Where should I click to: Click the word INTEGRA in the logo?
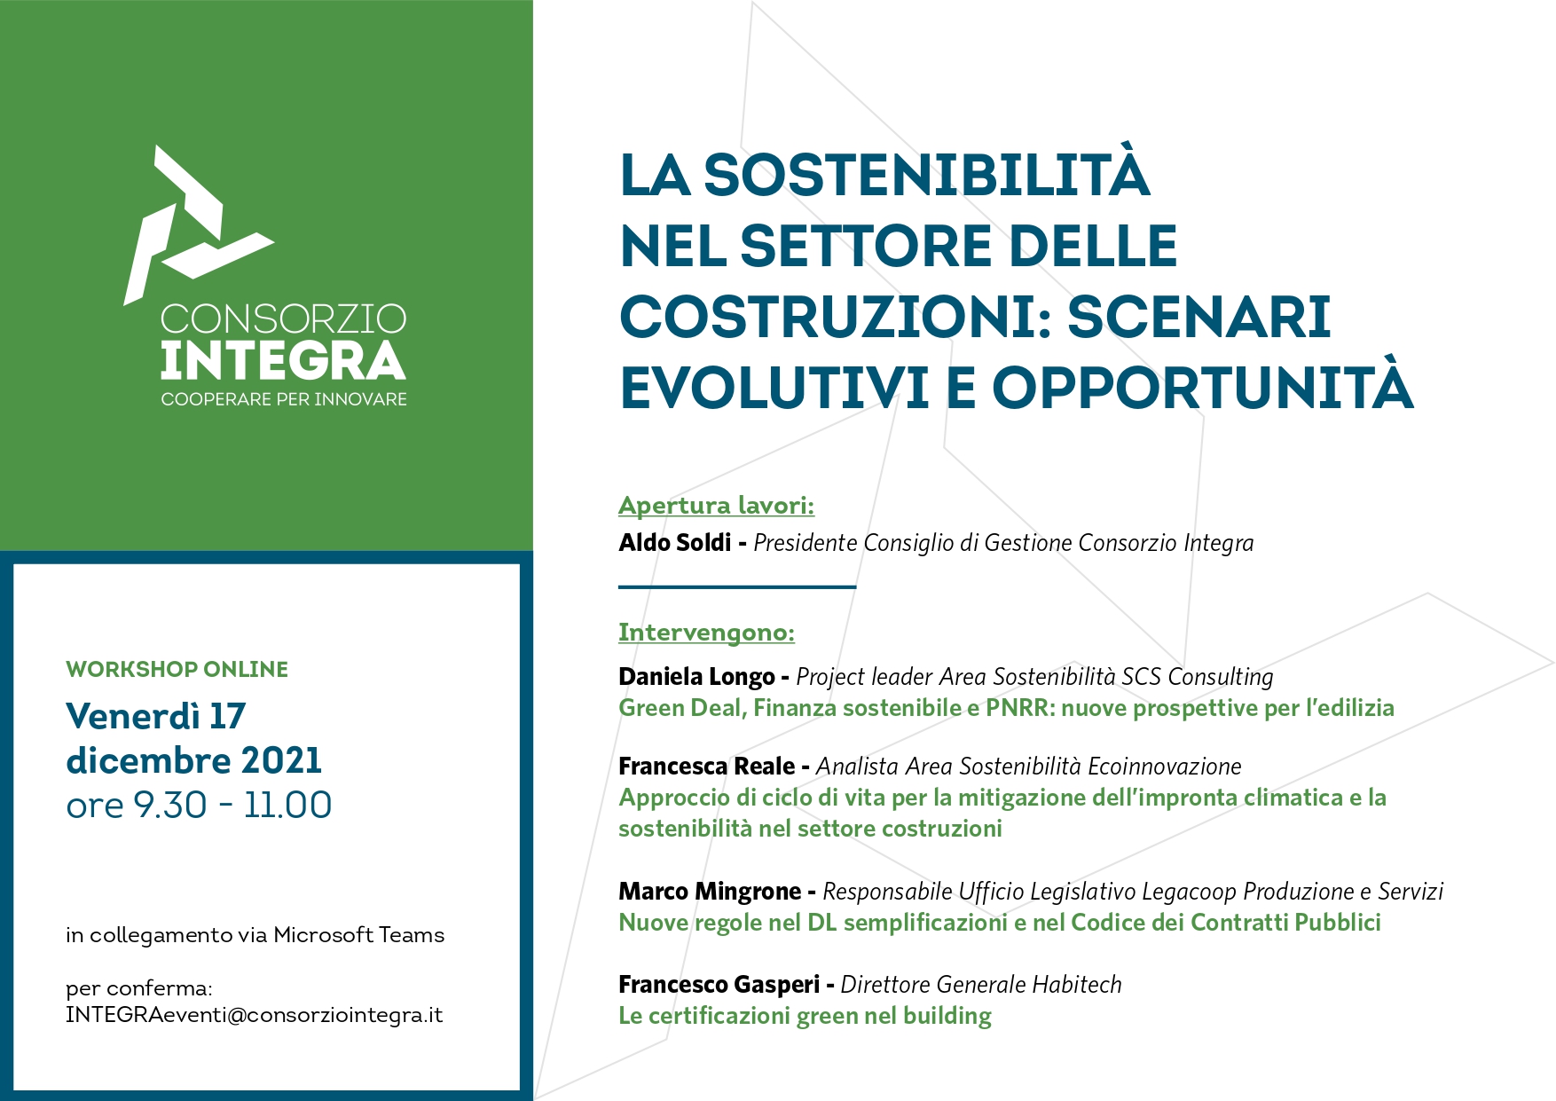283,360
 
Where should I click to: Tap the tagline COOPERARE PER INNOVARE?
284,399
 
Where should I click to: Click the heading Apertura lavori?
716,506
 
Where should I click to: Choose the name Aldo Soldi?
675,542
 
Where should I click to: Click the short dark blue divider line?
737,586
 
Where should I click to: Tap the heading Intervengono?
706,633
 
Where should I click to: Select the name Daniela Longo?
696,677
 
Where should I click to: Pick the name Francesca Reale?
707,766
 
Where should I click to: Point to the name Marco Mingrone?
710,891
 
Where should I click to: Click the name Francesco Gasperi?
719,984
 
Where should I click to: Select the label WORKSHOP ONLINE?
177,669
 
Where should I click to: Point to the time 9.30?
170,805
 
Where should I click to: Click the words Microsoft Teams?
358,935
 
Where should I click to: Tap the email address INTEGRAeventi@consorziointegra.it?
254,1015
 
